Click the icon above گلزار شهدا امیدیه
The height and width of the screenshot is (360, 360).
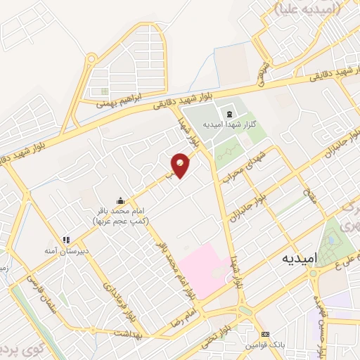pyautogui.click(x=228, y=114)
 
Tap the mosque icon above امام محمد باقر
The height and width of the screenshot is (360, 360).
pyautogui.click(x=121, y=200)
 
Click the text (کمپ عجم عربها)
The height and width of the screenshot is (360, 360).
pyautogui.click(x=121, y=221)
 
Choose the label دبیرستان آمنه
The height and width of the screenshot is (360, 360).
pyautogui.click(x=67, y=250)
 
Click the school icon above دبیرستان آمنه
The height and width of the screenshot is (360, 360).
pyautogui.click(x=67, y=239)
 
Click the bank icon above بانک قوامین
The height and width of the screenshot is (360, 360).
pyautogui.click(x=264, y=334)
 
